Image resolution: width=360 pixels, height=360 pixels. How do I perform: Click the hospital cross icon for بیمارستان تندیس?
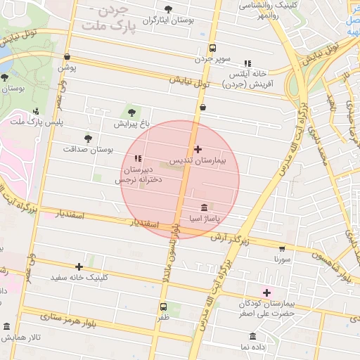point(198,149)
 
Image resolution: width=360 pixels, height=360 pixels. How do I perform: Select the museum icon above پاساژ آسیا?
point(204,207)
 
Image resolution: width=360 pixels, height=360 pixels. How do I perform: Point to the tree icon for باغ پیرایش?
point(131,112)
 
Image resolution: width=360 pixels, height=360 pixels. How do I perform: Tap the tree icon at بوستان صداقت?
point(88,139)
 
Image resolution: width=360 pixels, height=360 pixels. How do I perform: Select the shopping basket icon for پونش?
point(67,57)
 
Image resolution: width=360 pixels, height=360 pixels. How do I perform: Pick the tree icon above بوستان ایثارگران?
point(167,9)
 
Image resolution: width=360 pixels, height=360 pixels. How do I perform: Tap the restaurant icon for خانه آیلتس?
point(246,63)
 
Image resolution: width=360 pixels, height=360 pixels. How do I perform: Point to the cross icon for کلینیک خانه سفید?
point(79,266)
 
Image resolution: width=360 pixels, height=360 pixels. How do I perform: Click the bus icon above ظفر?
point(163,307)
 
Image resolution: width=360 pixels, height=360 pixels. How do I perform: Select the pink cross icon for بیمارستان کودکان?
point(266,292)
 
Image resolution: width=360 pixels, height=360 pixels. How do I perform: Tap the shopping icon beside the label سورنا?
point(282,248)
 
